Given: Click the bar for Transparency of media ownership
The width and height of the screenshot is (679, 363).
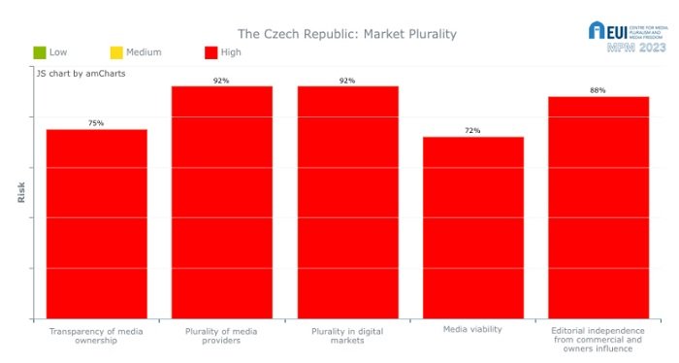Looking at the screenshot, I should (96, 223).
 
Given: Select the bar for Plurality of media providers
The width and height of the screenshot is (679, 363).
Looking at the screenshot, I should (222, 202).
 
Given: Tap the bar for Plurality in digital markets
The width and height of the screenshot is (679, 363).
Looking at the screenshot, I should (347, 202).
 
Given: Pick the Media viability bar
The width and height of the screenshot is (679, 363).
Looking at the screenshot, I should (472, 227).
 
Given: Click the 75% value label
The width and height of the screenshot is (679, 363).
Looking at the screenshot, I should (96, 123).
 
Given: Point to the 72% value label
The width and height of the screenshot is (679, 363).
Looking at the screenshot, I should (472, 130).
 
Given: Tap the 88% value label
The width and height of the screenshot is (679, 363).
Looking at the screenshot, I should (598, 90).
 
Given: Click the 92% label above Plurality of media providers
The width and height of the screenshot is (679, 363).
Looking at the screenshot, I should (221, 81).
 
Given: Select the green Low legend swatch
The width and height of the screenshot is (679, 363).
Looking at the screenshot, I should (39, 52).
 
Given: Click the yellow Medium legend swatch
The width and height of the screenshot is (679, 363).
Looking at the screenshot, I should (116, 52).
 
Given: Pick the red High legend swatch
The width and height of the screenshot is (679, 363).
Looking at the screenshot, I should (211, 52).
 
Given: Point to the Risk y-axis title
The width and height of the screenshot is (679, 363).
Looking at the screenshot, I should (21, 192).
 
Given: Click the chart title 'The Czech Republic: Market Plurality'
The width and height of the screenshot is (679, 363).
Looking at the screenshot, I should (347, 34).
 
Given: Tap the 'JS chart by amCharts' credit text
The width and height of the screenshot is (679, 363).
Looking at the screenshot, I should (81, 73).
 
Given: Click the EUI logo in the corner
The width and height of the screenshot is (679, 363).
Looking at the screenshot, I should (598, 31).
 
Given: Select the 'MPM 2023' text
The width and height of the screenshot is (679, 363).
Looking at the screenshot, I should (635, 48).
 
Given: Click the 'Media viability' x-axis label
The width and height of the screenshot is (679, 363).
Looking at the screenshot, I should (472, 329).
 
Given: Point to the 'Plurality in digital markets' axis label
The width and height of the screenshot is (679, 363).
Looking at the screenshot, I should (347, 336).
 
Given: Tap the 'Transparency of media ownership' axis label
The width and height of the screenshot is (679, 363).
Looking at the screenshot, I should (96, 336).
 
